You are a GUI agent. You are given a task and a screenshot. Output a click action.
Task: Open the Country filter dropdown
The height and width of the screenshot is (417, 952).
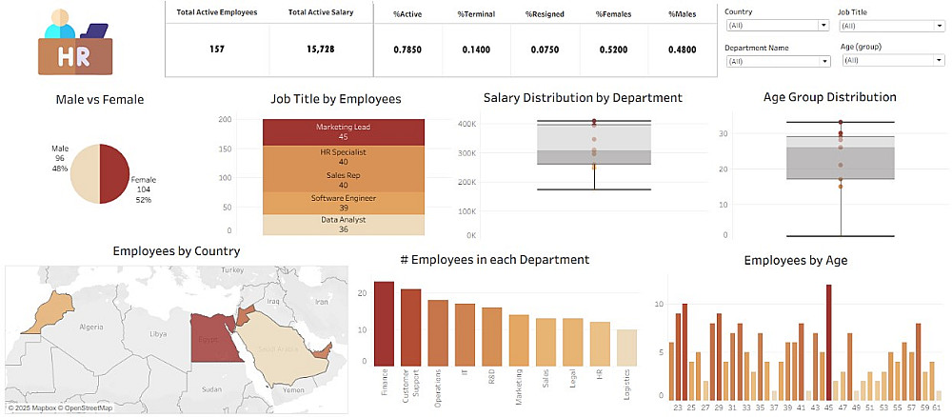click(778, 26)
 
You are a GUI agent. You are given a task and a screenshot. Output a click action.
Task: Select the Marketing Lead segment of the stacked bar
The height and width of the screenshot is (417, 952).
click(343, 132)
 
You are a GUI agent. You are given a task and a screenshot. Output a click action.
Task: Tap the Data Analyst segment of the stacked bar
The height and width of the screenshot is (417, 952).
click(343, 225)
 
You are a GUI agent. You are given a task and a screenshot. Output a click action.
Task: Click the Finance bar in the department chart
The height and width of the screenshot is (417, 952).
click(384, 323)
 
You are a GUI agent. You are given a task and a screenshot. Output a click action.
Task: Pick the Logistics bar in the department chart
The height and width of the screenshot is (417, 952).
click(625, 347)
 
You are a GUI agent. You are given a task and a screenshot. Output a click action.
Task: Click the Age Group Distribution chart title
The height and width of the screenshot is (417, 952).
click(829, 97)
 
